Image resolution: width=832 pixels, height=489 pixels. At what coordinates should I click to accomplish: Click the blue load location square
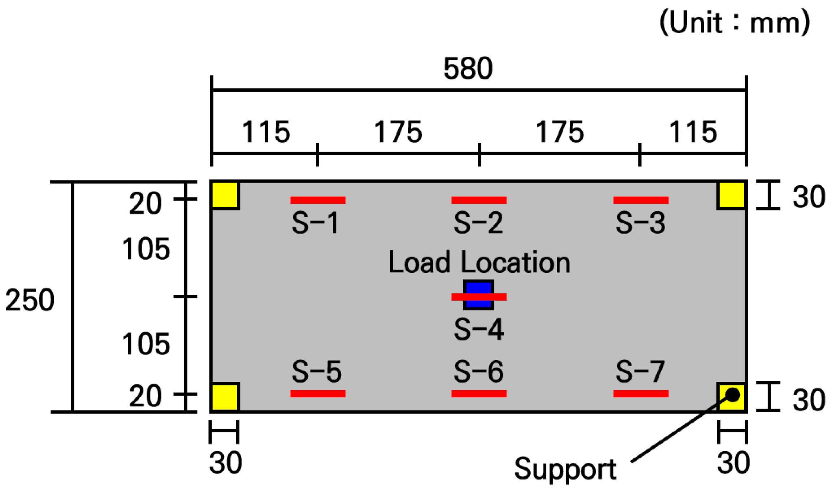pos(479,295)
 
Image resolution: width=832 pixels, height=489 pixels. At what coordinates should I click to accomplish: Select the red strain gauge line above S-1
pos(318,200)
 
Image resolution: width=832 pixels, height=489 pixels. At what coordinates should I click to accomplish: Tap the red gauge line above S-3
pos(641,200)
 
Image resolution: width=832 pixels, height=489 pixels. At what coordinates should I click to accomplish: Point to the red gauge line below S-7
pos(641,393)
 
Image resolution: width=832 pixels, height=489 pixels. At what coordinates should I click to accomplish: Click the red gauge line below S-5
pos(318,393)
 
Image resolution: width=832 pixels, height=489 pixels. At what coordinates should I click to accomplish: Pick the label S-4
pos(479,329)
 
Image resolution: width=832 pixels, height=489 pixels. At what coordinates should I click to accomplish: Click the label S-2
pos(479,223)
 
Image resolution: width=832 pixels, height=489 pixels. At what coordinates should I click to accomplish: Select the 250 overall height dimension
pos(30,300)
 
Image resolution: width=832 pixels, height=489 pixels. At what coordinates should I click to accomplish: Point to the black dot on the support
pos(733,395)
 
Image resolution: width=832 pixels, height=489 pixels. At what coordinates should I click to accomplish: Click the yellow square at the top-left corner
pos(225,195)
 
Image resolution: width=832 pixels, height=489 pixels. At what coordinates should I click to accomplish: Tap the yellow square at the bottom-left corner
pos(225,397)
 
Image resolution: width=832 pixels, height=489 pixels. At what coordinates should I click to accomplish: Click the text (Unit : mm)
pos(735,23)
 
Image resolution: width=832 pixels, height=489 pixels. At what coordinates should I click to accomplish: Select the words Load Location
pos(479,262)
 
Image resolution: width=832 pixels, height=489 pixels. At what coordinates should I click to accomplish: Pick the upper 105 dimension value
pos(146,249)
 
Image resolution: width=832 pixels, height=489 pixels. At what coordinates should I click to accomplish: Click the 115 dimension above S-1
pos(266,132)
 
